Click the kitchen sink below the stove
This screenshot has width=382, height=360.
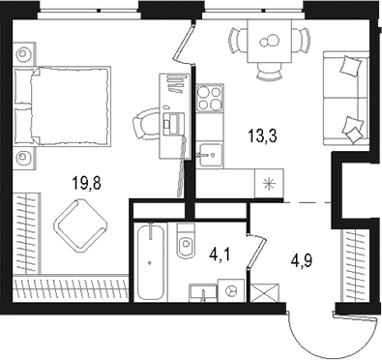click(209, 150)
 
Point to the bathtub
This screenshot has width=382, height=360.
click(150, 260)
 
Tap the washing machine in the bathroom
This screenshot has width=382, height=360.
click(230, 289)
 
